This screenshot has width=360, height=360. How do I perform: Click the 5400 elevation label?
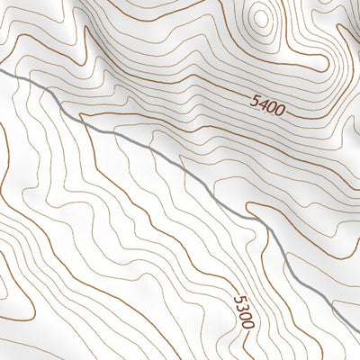pos(268,109)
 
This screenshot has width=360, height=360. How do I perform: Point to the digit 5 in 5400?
pos(255,104)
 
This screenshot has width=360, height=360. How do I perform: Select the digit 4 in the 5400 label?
pos(264,107)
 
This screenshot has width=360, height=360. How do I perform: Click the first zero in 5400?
pos(273,110)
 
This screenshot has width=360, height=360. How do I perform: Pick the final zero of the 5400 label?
pos(281,112)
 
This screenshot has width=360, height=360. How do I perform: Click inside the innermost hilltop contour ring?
pos(262,18)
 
